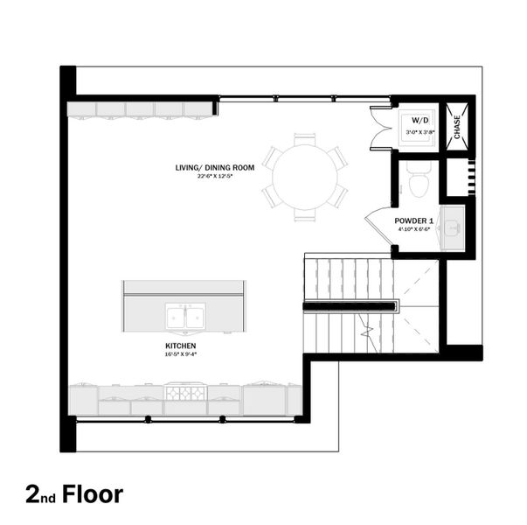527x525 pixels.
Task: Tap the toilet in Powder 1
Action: pos(418,180)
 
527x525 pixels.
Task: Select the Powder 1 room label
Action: pos(413,220)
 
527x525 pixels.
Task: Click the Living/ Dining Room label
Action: pos(215,166)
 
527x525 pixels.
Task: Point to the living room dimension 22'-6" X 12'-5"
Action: pos(215,176)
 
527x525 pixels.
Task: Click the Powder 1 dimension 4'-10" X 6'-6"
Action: pos(413,229)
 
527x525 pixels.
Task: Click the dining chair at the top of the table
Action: pos(304,138)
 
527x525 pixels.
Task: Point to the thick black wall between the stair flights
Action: pos(350,305)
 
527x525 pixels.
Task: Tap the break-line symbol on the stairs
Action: pos(368,331)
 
